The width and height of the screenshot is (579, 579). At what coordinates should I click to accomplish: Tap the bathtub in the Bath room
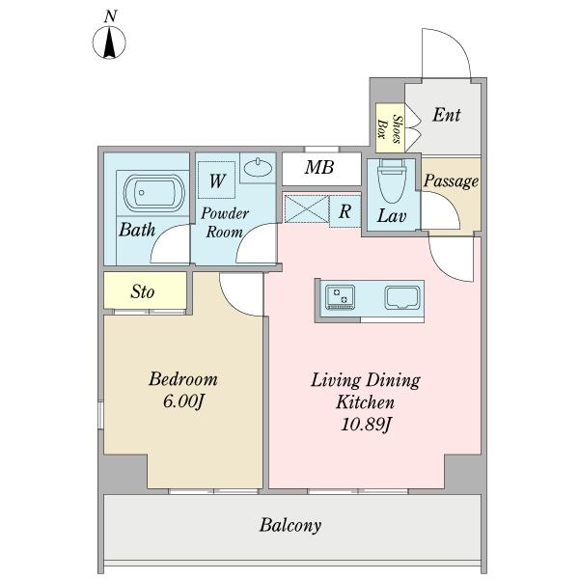(153, 193)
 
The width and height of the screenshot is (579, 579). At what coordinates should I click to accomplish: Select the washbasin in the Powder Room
(258, 167)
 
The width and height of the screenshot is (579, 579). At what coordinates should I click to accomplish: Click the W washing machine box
(217, 179)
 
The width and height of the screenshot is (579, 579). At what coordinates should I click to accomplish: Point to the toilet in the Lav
(392, 181)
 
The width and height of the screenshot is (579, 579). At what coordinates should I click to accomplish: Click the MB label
(319, 167)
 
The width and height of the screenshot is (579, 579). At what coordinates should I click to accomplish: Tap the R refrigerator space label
(345, 211)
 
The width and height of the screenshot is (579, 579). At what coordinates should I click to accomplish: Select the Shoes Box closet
(390, 127)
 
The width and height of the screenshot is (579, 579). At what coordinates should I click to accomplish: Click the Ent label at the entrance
(447, 115)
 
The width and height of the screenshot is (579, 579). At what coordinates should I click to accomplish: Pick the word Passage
(451, 181)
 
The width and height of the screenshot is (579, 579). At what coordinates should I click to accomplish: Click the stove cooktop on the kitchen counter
(340, 296)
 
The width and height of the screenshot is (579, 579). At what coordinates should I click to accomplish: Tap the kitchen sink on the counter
(402, 297)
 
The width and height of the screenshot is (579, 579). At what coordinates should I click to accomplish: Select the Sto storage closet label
(143, 291)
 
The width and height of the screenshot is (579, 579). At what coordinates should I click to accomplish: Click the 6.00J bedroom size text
(183, 401)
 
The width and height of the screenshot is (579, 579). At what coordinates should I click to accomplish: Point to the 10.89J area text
(366, 425)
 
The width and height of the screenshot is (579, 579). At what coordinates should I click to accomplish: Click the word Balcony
(290, 525)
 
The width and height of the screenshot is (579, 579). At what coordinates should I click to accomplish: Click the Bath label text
(137, 230)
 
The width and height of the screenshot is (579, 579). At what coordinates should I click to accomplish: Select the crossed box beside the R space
(307, 209)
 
